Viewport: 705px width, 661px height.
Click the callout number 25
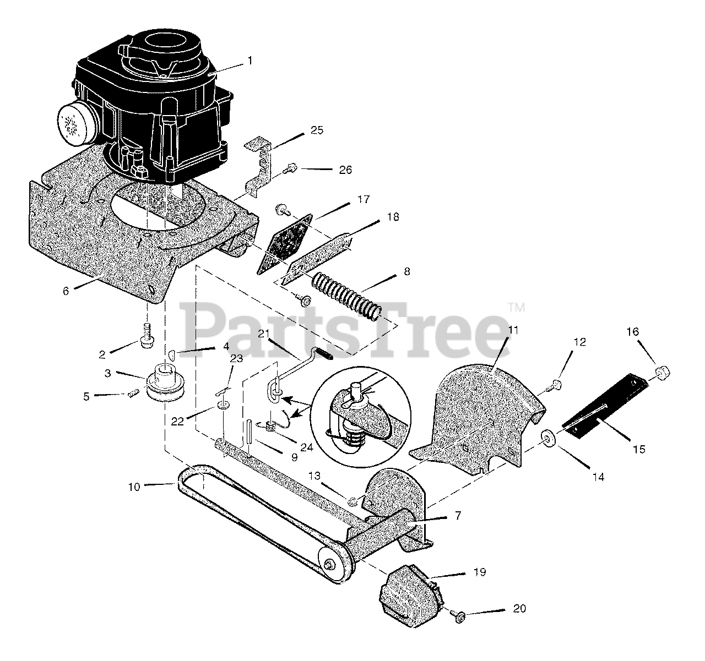[317, 131]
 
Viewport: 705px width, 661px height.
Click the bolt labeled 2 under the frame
[147, 336]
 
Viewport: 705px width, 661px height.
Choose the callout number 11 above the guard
[513, 330]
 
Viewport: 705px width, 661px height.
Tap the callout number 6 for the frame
[66, 291]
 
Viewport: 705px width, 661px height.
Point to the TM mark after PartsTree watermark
[516, 307]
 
